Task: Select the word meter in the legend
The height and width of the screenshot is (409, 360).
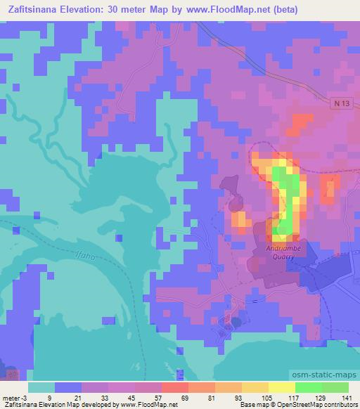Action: coord(12,398)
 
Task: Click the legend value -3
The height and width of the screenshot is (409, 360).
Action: coord(27,398)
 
